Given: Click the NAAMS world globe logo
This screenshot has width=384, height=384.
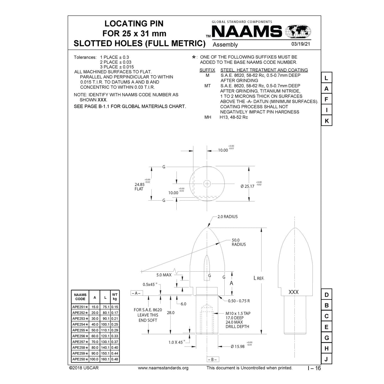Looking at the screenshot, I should point(298,32).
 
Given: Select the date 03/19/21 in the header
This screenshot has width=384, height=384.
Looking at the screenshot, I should point(300,45).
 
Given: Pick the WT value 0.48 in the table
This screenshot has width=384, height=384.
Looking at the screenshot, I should point(115,359).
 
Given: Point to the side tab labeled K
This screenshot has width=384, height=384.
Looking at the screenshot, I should point(326,121).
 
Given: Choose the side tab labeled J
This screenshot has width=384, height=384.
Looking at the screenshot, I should point(326,359).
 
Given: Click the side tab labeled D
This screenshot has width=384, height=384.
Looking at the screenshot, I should point(326,295).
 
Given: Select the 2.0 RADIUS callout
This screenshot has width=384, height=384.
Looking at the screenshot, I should point(228,217).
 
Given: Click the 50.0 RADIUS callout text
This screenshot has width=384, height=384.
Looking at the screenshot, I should point(239,242).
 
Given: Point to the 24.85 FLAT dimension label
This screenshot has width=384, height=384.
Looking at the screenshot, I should point(140,187).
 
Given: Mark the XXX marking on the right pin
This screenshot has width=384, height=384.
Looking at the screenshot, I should point(293,292).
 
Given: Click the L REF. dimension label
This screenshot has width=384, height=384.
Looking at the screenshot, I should point(259,278).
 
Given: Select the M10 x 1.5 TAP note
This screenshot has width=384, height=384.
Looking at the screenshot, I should point(238,313).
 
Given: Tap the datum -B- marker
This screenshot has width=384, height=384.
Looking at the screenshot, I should point(212,359).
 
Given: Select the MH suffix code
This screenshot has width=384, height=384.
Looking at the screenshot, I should point(208,117).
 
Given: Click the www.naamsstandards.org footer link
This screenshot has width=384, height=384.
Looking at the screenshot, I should point(163,368).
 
